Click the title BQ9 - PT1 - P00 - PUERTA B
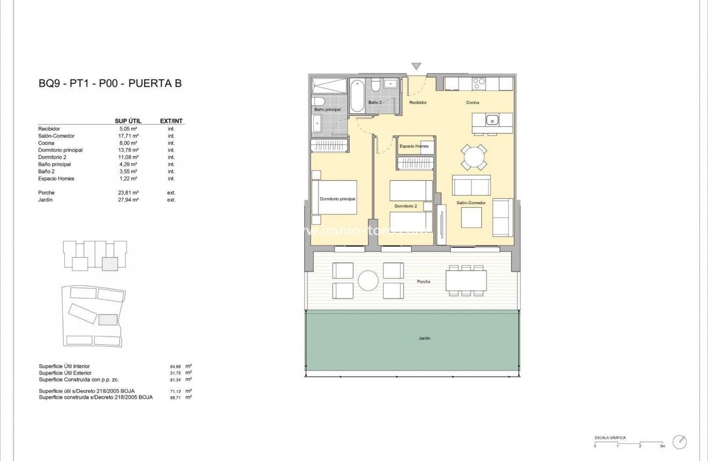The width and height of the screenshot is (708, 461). [x=110, y=83]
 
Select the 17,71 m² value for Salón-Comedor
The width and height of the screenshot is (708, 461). [x=129, y=136]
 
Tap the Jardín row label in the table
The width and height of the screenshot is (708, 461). [x=46, y=200]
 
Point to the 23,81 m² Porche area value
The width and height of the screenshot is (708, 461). [x=129, y=193]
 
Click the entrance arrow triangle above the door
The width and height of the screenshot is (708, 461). [x=416, y=67]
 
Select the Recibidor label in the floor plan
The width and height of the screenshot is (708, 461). [x=418, y=103]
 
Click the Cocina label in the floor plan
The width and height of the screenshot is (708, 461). [x=472, y=103]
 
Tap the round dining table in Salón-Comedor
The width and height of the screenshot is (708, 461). [x=475, y=158]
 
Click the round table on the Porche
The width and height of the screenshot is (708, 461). [x=368, y=280]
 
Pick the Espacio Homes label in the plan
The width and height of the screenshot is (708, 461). [x=414, y=146]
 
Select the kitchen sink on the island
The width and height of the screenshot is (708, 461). [x=492, y=120]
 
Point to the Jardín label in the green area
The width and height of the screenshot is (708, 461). [x=424, y=338]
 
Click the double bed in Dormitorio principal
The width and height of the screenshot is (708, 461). [x=335, y=197]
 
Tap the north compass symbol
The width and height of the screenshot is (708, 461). [x=680, y=441]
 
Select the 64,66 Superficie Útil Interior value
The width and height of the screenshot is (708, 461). [x=175, y=366]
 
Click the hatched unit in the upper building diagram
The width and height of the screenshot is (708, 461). [x=110, y=264]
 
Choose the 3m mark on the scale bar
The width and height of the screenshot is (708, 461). [x=662, y=446]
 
